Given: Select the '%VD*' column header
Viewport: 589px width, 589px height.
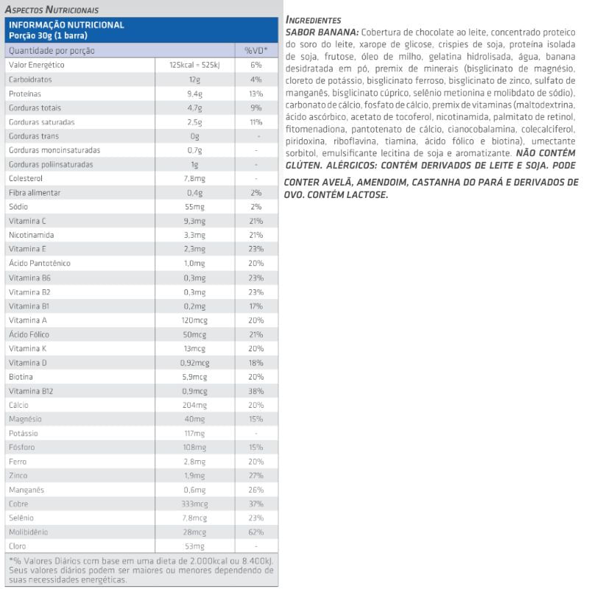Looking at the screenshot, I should [x=255, y=51].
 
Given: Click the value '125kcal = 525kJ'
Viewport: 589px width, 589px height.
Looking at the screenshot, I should [x=194, y=65].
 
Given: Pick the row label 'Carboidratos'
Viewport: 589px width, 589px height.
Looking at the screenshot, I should [x=29, y=80].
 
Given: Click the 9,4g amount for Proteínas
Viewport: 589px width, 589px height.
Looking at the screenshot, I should [x=194, y=94].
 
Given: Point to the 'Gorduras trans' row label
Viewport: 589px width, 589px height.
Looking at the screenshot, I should [x=33, y=136].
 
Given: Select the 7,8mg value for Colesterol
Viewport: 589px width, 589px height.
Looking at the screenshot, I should [x=194, y=178].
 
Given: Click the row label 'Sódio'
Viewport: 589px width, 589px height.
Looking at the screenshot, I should [x=18, y=207].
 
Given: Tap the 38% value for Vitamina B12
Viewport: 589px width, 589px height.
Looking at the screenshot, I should [x=255, y=390].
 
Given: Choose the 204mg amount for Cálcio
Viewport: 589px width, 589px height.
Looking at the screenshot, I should [x=194, y=404].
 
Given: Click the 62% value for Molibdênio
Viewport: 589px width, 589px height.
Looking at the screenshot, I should [x=255, y=532].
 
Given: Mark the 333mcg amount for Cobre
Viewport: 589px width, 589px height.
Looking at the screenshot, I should [x=194, y=503].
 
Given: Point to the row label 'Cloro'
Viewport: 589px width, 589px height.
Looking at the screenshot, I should [x=18, y=546].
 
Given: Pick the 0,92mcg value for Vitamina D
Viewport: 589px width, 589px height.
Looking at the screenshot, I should [x=194, y=362].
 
